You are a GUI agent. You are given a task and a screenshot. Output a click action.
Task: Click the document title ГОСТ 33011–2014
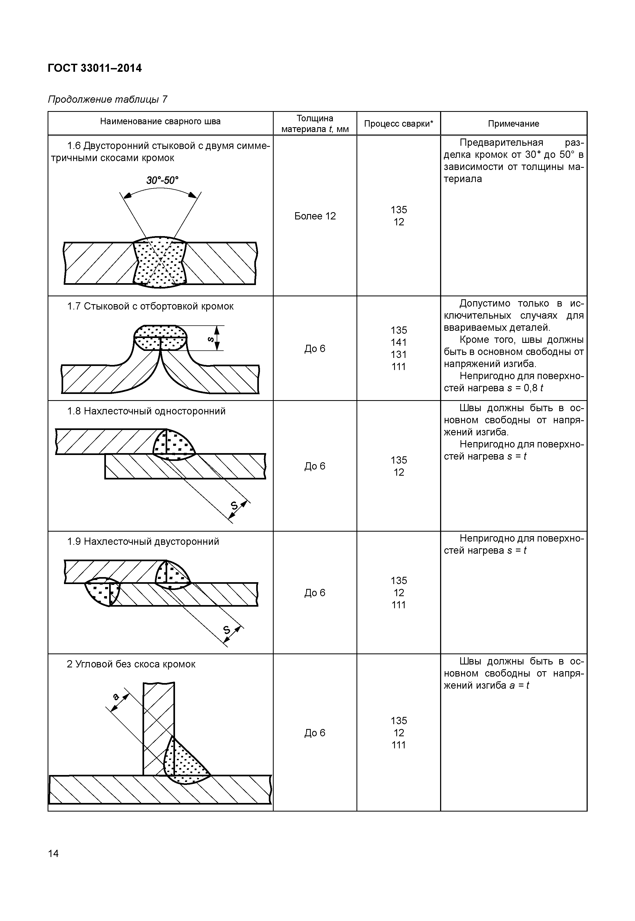tap(94, 68)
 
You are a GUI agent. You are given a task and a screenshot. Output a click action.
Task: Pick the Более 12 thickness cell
tap(315, 216)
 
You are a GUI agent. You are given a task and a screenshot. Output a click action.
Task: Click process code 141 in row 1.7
tap(399, 342)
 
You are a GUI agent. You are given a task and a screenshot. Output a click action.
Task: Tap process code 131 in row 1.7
tap(399, 354)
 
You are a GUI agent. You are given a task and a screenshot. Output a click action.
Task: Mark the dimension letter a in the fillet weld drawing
tap(116, 696)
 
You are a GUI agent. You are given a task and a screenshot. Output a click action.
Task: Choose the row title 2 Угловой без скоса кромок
tap(131, 664)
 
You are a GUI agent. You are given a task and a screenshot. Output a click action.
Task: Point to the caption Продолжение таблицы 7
tap(108, 99)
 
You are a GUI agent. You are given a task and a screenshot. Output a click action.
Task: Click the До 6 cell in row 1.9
tap(315, 593)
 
